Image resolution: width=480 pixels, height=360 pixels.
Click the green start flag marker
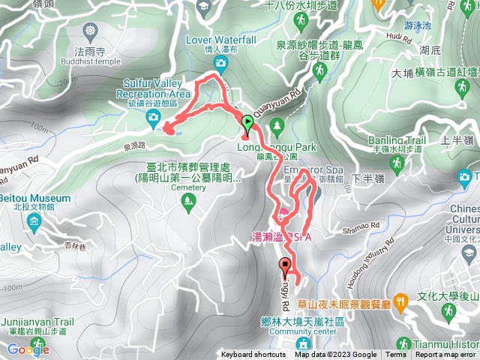(247, 121)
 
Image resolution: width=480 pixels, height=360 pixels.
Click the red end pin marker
(285, 265)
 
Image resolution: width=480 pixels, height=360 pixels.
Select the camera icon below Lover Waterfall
(220, 64)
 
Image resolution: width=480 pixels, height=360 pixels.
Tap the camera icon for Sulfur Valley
(154, 116)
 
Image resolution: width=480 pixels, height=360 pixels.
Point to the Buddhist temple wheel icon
(91, 31)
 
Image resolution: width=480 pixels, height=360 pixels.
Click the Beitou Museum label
(35, 199)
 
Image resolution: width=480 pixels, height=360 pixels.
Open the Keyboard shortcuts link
(253, 355)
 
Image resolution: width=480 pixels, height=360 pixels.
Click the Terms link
(396, 355)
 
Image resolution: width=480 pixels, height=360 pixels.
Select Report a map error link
(447, 355)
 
